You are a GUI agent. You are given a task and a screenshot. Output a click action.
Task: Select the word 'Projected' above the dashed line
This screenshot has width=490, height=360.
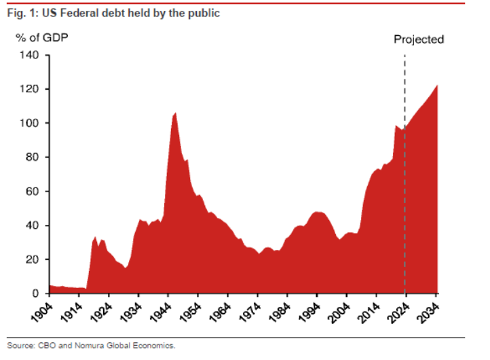pos(419,39)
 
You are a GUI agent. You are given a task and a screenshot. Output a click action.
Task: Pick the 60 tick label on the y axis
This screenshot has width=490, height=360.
pos(35,192)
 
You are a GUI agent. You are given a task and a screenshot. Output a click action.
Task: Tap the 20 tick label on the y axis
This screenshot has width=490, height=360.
pos(35,259)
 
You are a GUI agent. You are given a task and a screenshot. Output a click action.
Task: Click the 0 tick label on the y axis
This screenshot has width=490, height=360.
pos(37,293)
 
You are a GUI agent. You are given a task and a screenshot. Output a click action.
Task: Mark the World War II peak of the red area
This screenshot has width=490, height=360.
pos(175,113)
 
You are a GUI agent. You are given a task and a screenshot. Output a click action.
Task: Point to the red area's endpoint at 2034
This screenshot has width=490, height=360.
pos(436,86)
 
